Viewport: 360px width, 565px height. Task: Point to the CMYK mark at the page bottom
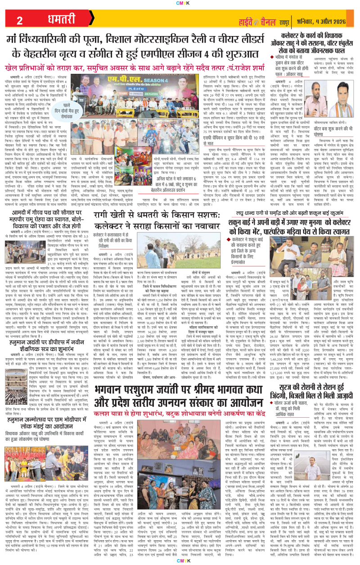[180, 560]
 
